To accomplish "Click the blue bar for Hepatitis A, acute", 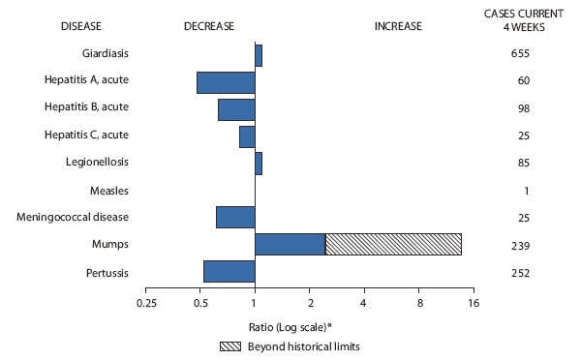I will [226, 82].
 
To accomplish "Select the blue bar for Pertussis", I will [229, 271].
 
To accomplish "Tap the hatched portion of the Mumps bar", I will [393, 244].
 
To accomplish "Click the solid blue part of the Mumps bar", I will [290, 244].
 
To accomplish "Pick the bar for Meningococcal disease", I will [235, 217].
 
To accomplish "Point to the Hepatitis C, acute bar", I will [247, 136].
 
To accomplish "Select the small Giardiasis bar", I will [259, 55].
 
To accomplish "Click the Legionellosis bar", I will [259, 164].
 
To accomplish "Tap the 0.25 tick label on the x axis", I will [146, 304].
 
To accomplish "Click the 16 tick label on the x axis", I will [474, 304].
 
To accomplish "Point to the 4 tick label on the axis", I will [364, 304].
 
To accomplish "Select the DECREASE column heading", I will [209, 27].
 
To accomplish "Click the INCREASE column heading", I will [398, 27].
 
